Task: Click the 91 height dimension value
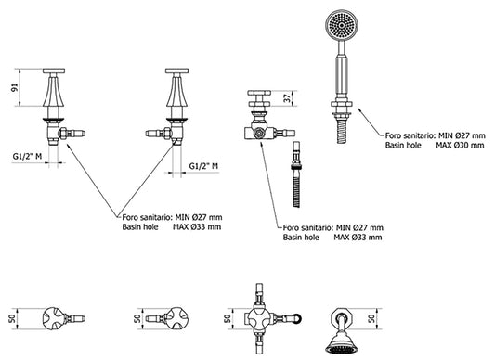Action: tap(15, 88)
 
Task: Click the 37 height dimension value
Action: tap(287, 98)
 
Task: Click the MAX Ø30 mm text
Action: tap(460, 145)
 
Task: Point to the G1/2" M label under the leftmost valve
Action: tap(27, 157)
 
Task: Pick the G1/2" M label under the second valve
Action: tap(203, 166)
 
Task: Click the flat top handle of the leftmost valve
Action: tap(54, 71)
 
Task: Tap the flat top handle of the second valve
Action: tap(176, 71)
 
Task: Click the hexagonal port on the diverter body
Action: tap(260, 134)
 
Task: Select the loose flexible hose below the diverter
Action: tap(296, 174)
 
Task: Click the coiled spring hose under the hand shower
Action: tap(341, 131)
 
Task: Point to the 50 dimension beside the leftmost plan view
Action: tap(13, 318)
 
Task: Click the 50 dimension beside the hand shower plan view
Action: tap(372, 318)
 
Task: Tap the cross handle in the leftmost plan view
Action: tap(54, 318)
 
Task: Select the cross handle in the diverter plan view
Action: tap(259, 318)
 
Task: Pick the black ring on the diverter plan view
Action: tap(297, 318)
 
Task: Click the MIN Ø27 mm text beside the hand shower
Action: tap(461, 135)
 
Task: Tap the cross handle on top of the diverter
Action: tap(259, 98)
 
